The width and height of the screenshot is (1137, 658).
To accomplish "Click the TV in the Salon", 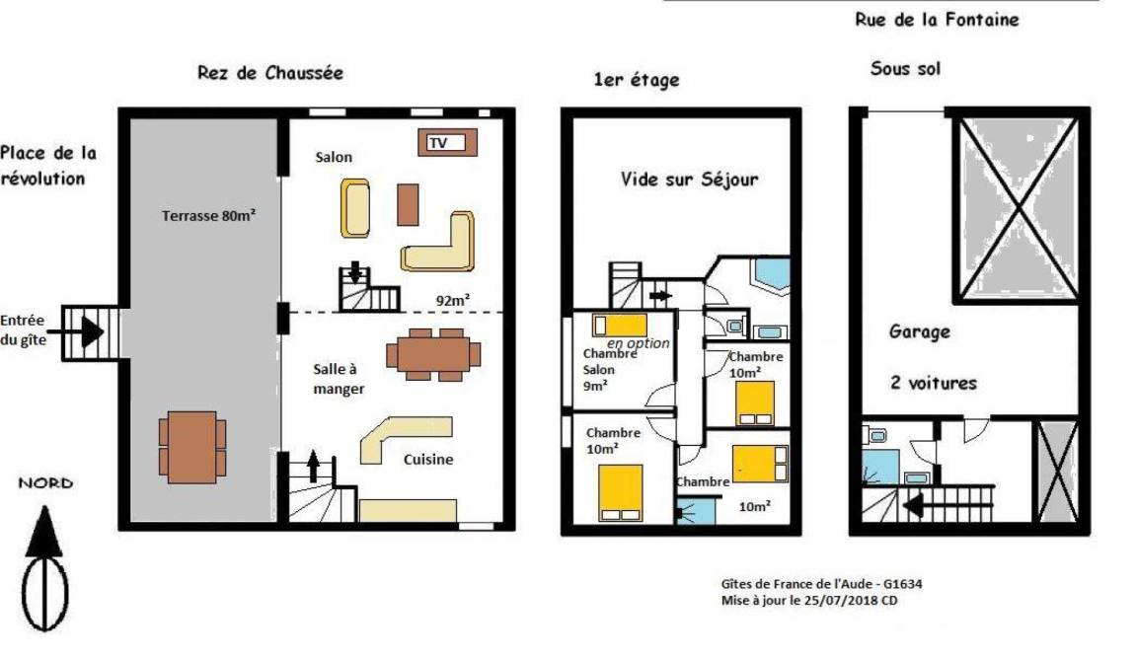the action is click(447, 143).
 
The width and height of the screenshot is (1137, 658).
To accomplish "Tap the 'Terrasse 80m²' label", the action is click(209, 215).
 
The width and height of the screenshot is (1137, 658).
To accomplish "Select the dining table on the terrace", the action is click(192, 447).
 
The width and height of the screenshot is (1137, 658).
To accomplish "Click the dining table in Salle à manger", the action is click(433, 355).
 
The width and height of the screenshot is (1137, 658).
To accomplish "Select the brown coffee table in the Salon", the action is click(409, 204).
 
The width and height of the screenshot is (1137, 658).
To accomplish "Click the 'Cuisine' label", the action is click(428, 460).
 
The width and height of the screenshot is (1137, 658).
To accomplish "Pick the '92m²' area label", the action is click(452, 299).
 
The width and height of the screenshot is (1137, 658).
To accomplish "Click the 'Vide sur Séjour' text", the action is click(689, 179).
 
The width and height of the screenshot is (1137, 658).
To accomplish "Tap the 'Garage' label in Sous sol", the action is click(920, 331).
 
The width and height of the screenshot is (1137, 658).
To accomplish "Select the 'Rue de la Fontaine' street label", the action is click(937, 20).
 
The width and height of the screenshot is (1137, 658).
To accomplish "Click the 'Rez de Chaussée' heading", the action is click(270, 72).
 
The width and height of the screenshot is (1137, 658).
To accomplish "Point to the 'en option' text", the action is click(639, 342).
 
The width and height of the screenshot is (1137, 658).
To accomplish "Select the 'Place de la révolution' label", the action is click(47, 165).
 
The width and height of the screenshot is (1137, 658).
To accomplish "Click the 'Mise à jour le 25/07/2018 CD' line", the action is click(809, 601).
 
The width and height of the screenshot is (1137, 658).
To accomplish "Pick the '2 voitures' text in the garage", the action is click(934, 383).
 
